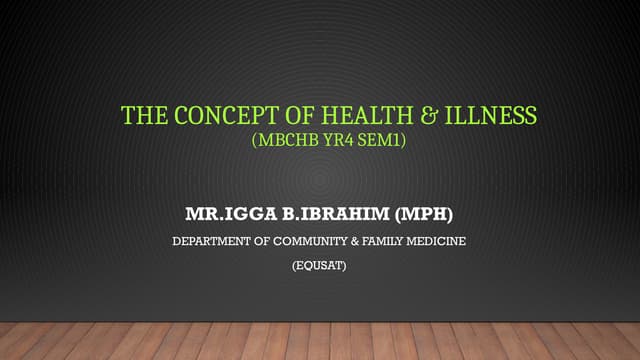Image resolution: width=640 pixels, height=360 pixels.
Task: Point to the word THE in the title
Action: pyautogui.click(x=138, y=116)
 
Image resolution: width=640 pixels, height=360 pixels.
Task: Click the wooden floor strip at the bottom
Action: pyautogui.click(x=320, y=341)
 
